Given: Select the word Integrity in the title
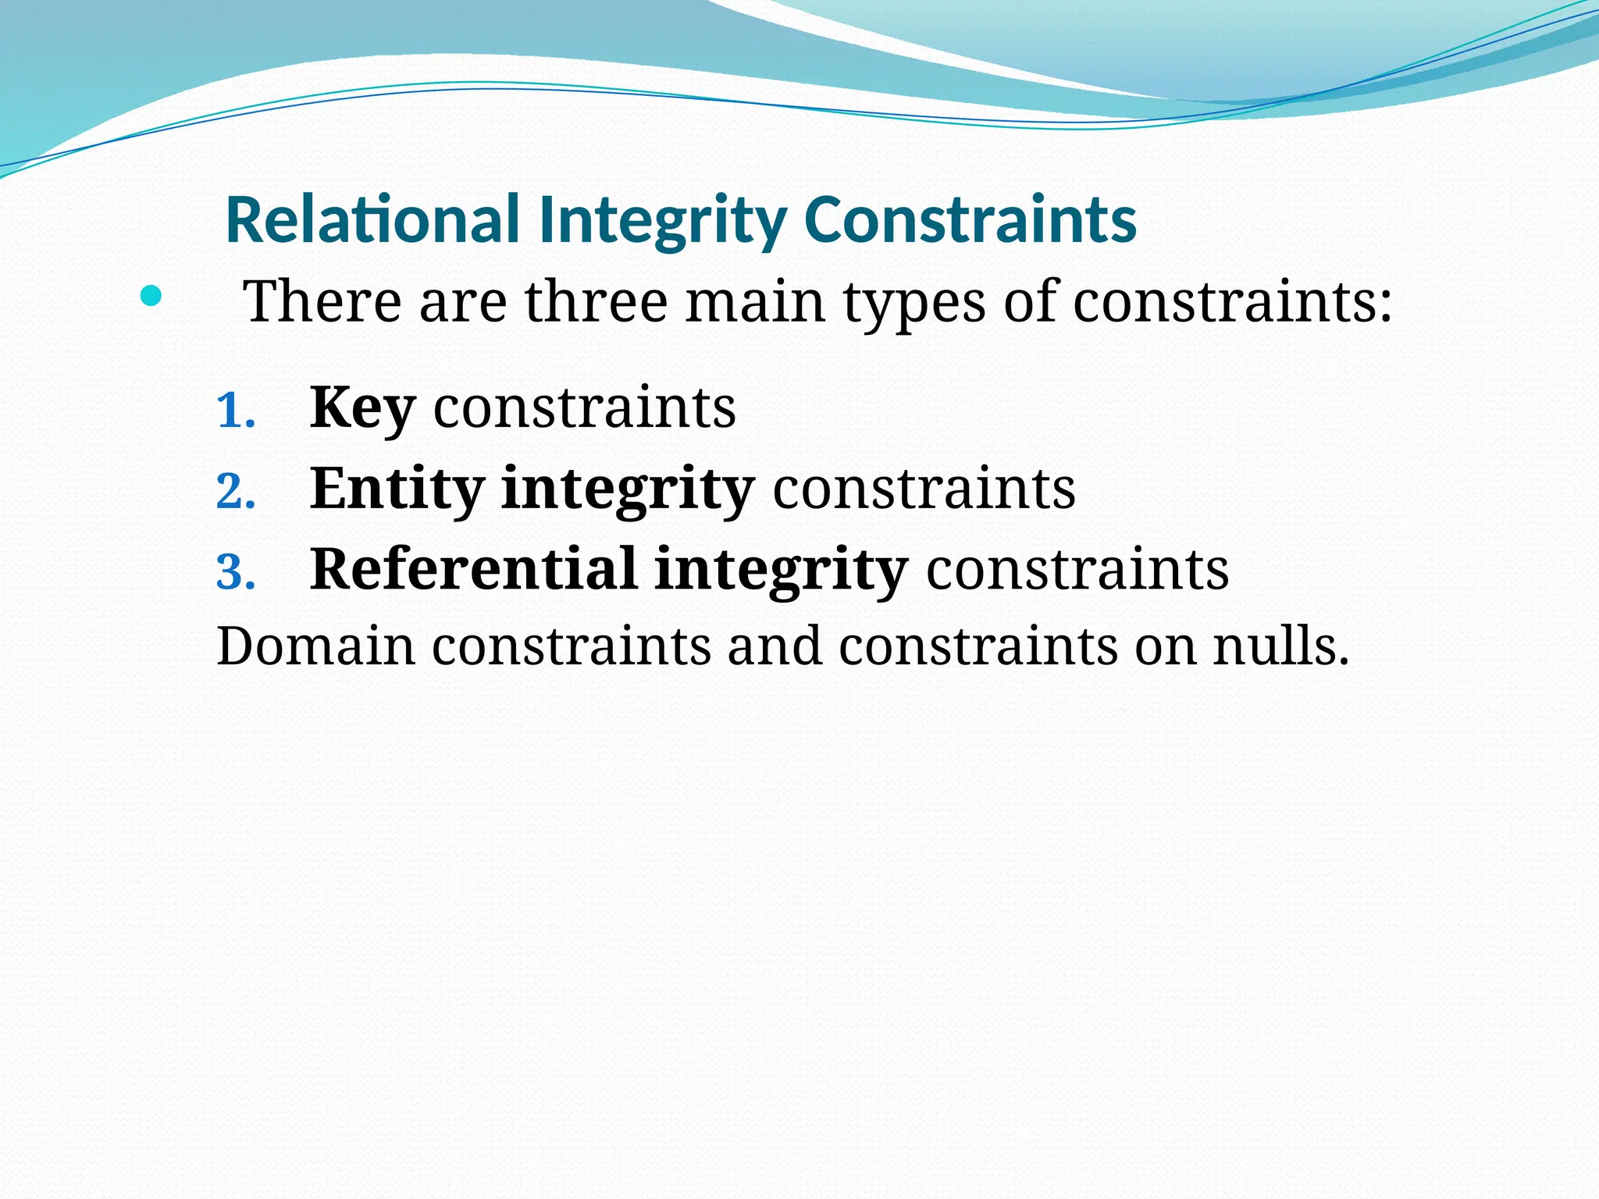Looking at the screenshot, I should point(662,222).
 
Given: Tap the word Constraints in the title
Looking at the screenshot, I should point(970,220).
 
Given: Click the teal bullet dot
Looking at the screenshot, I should point(151,297).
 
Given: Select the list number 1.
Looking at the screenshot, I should point(235,411).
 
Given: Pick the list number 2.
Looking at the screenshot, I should point(235,493).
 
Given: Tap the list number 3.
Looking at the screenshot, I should point(235,573).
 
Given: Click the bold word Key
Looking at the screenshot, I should point(362,409).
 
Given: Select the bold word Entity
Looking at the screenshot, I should point(397,490).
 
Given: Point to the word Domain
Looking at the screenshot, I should point(315,646).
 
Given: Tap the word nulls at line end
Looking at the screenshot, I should point(1280,646).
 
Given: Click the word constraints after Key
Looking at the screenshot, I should point(584,409).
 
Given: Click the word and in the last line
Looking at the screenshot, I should point(775,646).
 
